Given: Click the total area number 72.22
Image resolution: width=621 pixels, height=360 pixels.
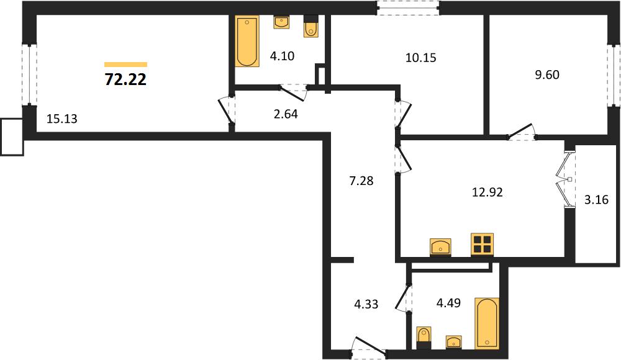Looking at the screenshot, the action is click(x=125, y=79).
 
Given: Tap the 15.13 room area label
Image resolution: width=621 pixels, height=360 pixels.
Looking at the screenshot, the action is click(x=61, y=119).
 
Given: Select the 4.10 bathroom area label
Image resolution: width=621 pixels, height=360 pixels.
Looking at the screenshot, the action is click(x=282, y=56).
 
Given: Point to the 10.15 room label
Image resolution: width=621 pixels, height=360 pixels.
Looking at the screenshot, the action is click(x=420, y=58).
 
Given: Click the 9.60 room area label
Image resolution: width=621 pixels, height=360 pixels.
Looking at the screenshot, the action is click(x=547, y=74).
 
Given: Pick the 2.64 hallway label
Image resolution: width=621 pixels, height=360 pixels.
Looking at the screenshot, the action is click(x=286, y=114).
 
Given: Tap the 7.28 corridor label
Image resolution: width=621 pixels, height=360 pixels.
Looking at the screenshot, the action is click(x=361, y=181).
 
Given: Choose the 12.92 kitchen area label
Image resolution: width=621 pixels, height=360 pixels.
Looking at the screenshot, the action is click(x=487, y=192).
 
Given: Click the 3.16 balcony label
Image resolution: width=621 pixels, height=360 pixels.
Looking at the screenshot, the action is click(x=596, y=200).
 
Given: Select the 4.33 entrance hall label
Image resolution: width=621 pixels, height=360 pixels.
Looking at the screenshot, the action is click(x=366, y=304).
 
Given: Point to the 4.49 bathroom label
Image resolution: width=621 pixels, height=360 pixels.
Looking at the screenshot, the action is click(x=448, y=303).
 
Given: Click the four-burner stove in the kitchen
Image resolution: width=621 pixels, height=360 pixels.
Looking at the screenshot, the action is click(x=482, y=245).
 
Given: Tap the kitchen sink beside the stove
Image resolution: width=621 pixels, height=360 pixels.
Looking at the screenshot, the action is click(x=440, y=247).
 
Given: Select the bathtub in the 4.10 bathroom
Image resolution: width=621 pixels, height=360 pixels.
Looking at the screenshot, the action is click(x=247, y=41).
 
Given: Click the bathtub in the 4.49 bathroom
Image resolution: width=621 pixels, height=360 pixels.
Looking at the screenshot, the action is click(x=487, y=323).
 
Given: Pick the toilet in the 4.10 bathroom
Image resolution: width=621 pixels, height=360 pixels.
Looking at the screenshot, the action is click(x=311, y=27).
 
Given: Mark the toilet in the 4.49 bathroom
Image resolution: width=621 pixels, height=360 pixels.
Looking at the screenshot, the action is click(x=424, y=338).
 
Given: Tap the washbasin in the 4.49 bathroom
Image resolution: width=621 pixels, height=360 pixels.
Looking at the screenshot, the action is click(x=453, y=342).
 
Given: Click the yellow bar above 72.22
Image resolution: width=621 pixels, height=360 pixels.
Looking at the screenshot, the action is click(x=125, y=65).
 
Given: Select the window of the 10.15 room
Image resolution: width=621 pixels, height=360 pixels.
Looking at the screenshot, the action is click(x=408, y=8).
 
